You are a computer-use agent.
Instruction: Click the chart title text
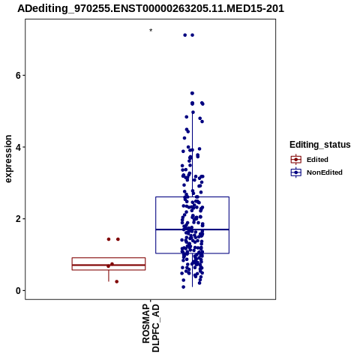[x=151, y=8]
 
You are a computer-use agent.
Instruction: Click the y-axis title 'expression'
[x=8, y=159]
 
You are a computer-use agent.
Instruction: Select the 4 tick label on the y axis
[x=18, y=147]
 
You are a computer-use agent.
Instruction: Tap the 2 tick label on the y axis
[x=18, y=219]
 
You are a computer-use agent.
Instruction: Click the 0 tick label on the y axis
[x=18, y=290]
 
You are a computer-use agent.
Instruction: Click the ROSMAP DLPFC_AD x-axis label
[x=151, y=328]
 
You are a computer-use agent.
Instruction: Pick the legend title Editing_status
[x=320, y=145]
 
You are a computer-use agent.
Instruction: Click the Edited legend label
[x=317, y=160]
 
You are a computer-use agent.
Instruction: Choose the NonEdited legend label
[x=325, y=172]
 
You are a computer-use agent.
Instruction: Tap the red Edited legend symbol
[x=296, y=159]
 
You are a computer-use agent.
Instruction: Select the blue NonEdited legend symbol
[x=296, y=172]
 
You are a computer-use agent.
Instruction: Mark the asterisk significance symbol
[x=151, y=31]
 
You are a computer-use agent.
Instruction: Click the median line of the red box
[x=109, y=265]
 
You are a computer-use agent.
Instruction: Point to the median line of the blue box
[x=192, y=229]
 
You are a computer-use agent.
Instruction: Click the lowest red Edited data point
[x=116, y=281]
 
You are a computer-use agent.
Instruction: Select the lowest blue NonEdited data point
[x=183, y=287]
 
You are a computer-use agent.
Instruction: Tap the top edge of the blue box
[x=192, y=197]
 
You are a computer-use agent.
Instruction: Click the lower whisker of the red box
[x=109, y=276]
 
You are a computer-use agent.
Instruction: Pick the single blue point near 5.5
[x=192, y=93]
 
